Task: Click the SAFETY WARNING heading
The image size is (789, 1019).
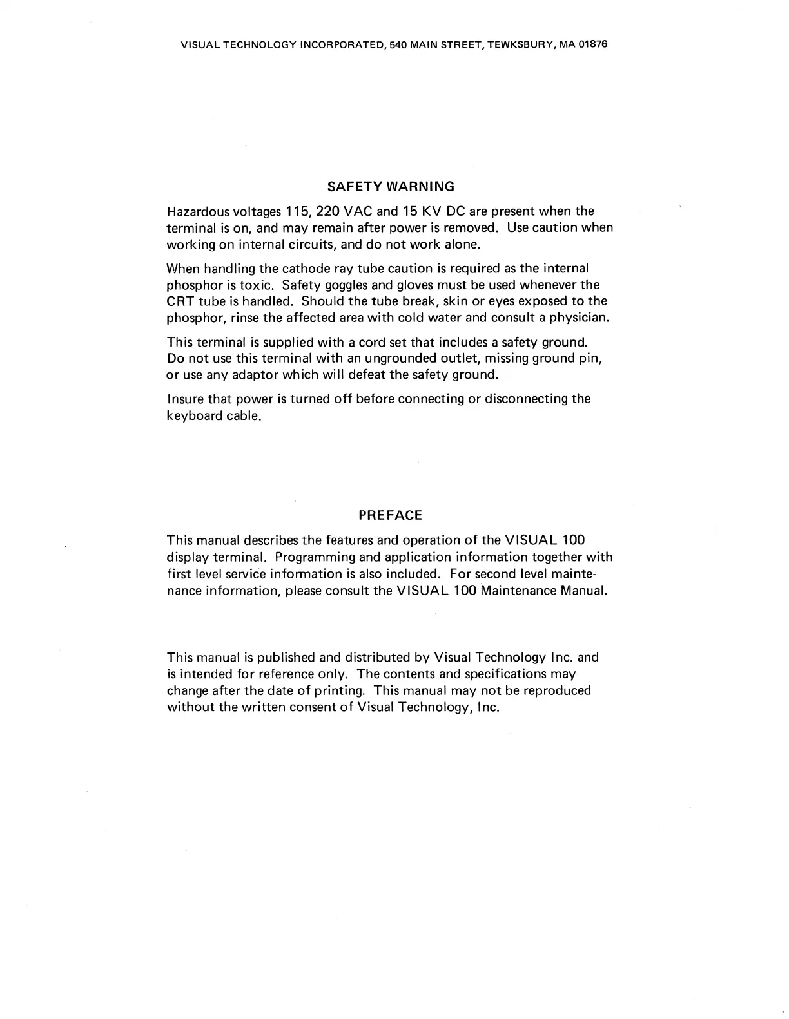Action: [x=391, y=187]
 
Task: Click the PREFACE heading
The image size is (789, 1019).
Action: [x=390, y=515]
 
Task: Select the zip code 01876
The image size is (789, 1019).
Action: [x=594, y=45]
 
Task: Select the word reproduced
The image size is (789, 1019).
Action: [x=557, y=690]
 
